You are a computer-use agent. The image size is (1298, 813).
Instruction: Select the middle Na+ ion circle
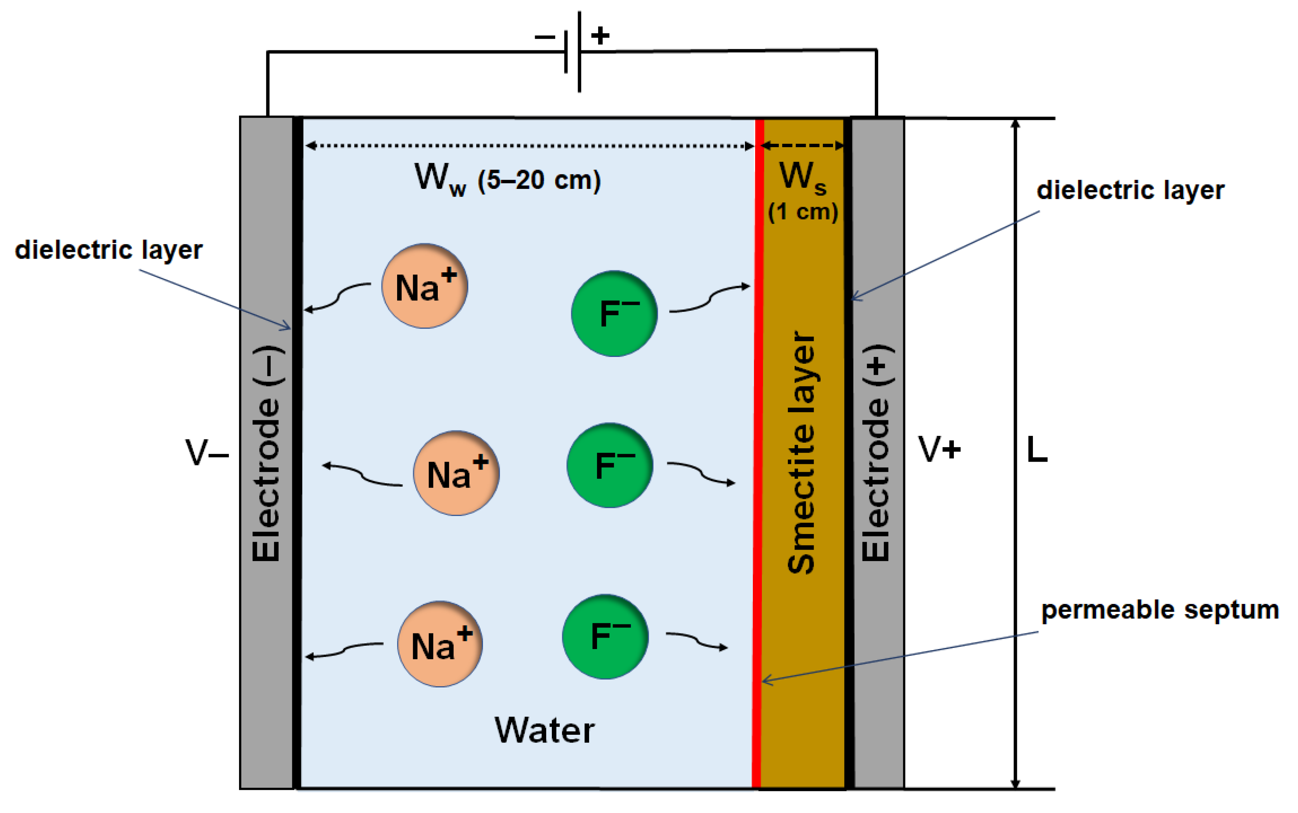point(456,473)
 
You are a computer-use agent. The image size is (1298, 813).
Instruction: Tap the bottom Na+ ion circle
point(440,643)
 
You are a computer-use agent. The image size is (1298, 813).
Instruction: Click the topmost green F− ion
point(614,313)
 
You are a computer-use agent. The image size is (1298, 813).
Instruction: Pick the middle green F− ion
point(610,465)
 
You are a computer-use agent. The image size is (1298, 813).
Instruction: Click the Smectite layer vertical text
point(801,452)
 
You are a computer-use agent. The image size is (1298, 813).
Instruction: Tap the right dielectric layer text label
point(1130,190)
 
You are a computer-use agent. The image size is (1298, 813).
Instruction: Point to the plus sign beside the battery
point(600,35)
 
